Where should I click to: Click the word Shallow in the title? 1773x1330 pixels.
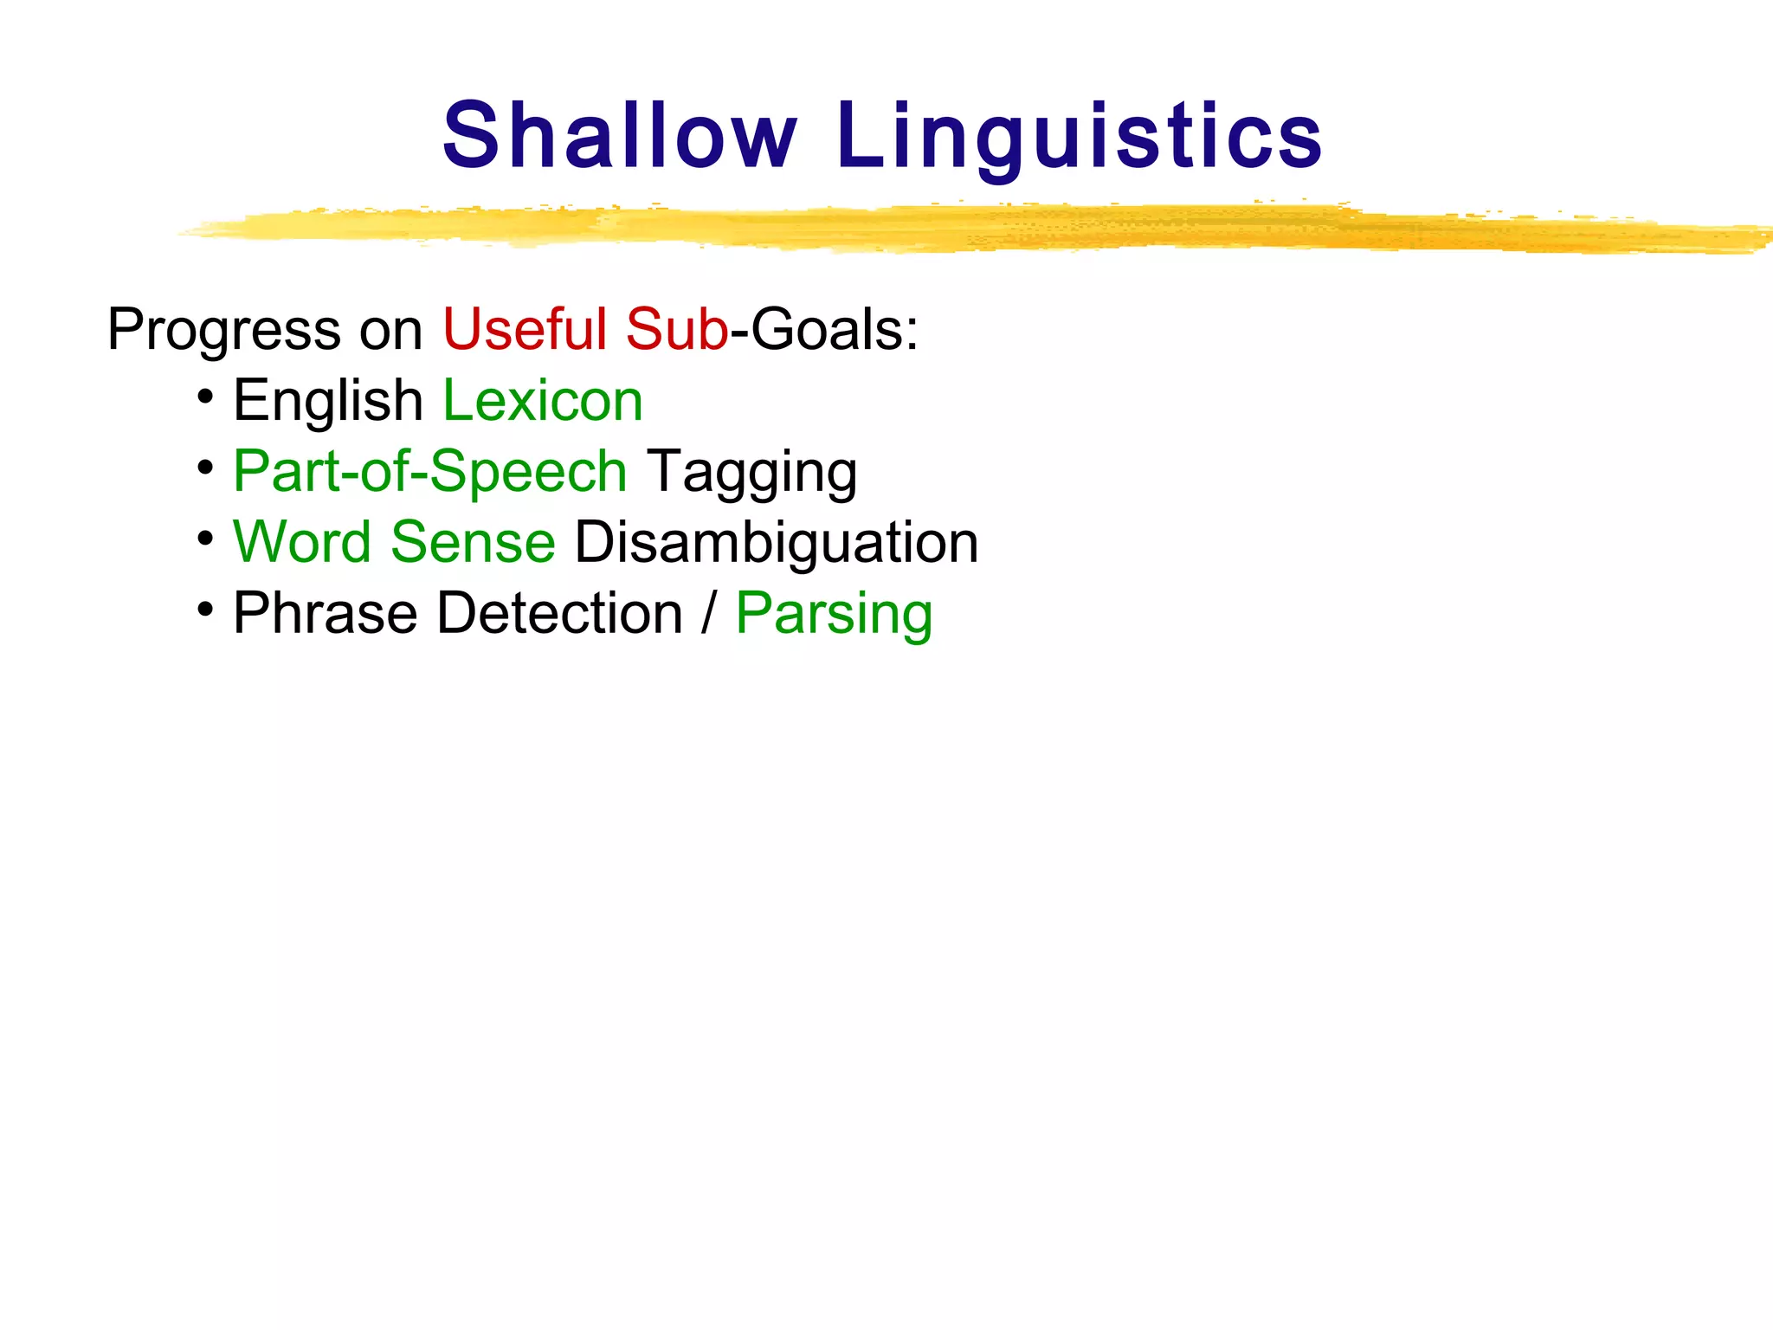click(x=619, y=136)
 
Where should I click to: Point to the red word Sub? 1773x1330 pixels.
click(x=676, y=330)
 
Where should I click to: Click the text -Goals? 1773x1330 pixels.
click(x=825, y=330)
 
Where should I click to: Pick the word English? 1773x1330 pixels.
click(x=327, y=401)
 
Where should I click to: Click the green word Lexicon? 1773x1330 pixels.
click(x=543, y=401)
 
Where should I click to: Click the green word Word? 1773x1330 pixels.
click(x=302, y=543)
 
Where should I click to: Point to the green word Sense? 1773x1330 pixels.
click(x=473, y=543)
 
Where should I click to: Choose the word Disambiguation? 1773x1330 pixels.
click(x=777, y=544)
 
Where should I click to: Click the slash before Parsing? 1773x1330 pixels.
click(x=710, y=614)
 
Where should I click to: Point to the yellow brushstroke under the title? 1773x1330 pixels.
click(x=952, y=229)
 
